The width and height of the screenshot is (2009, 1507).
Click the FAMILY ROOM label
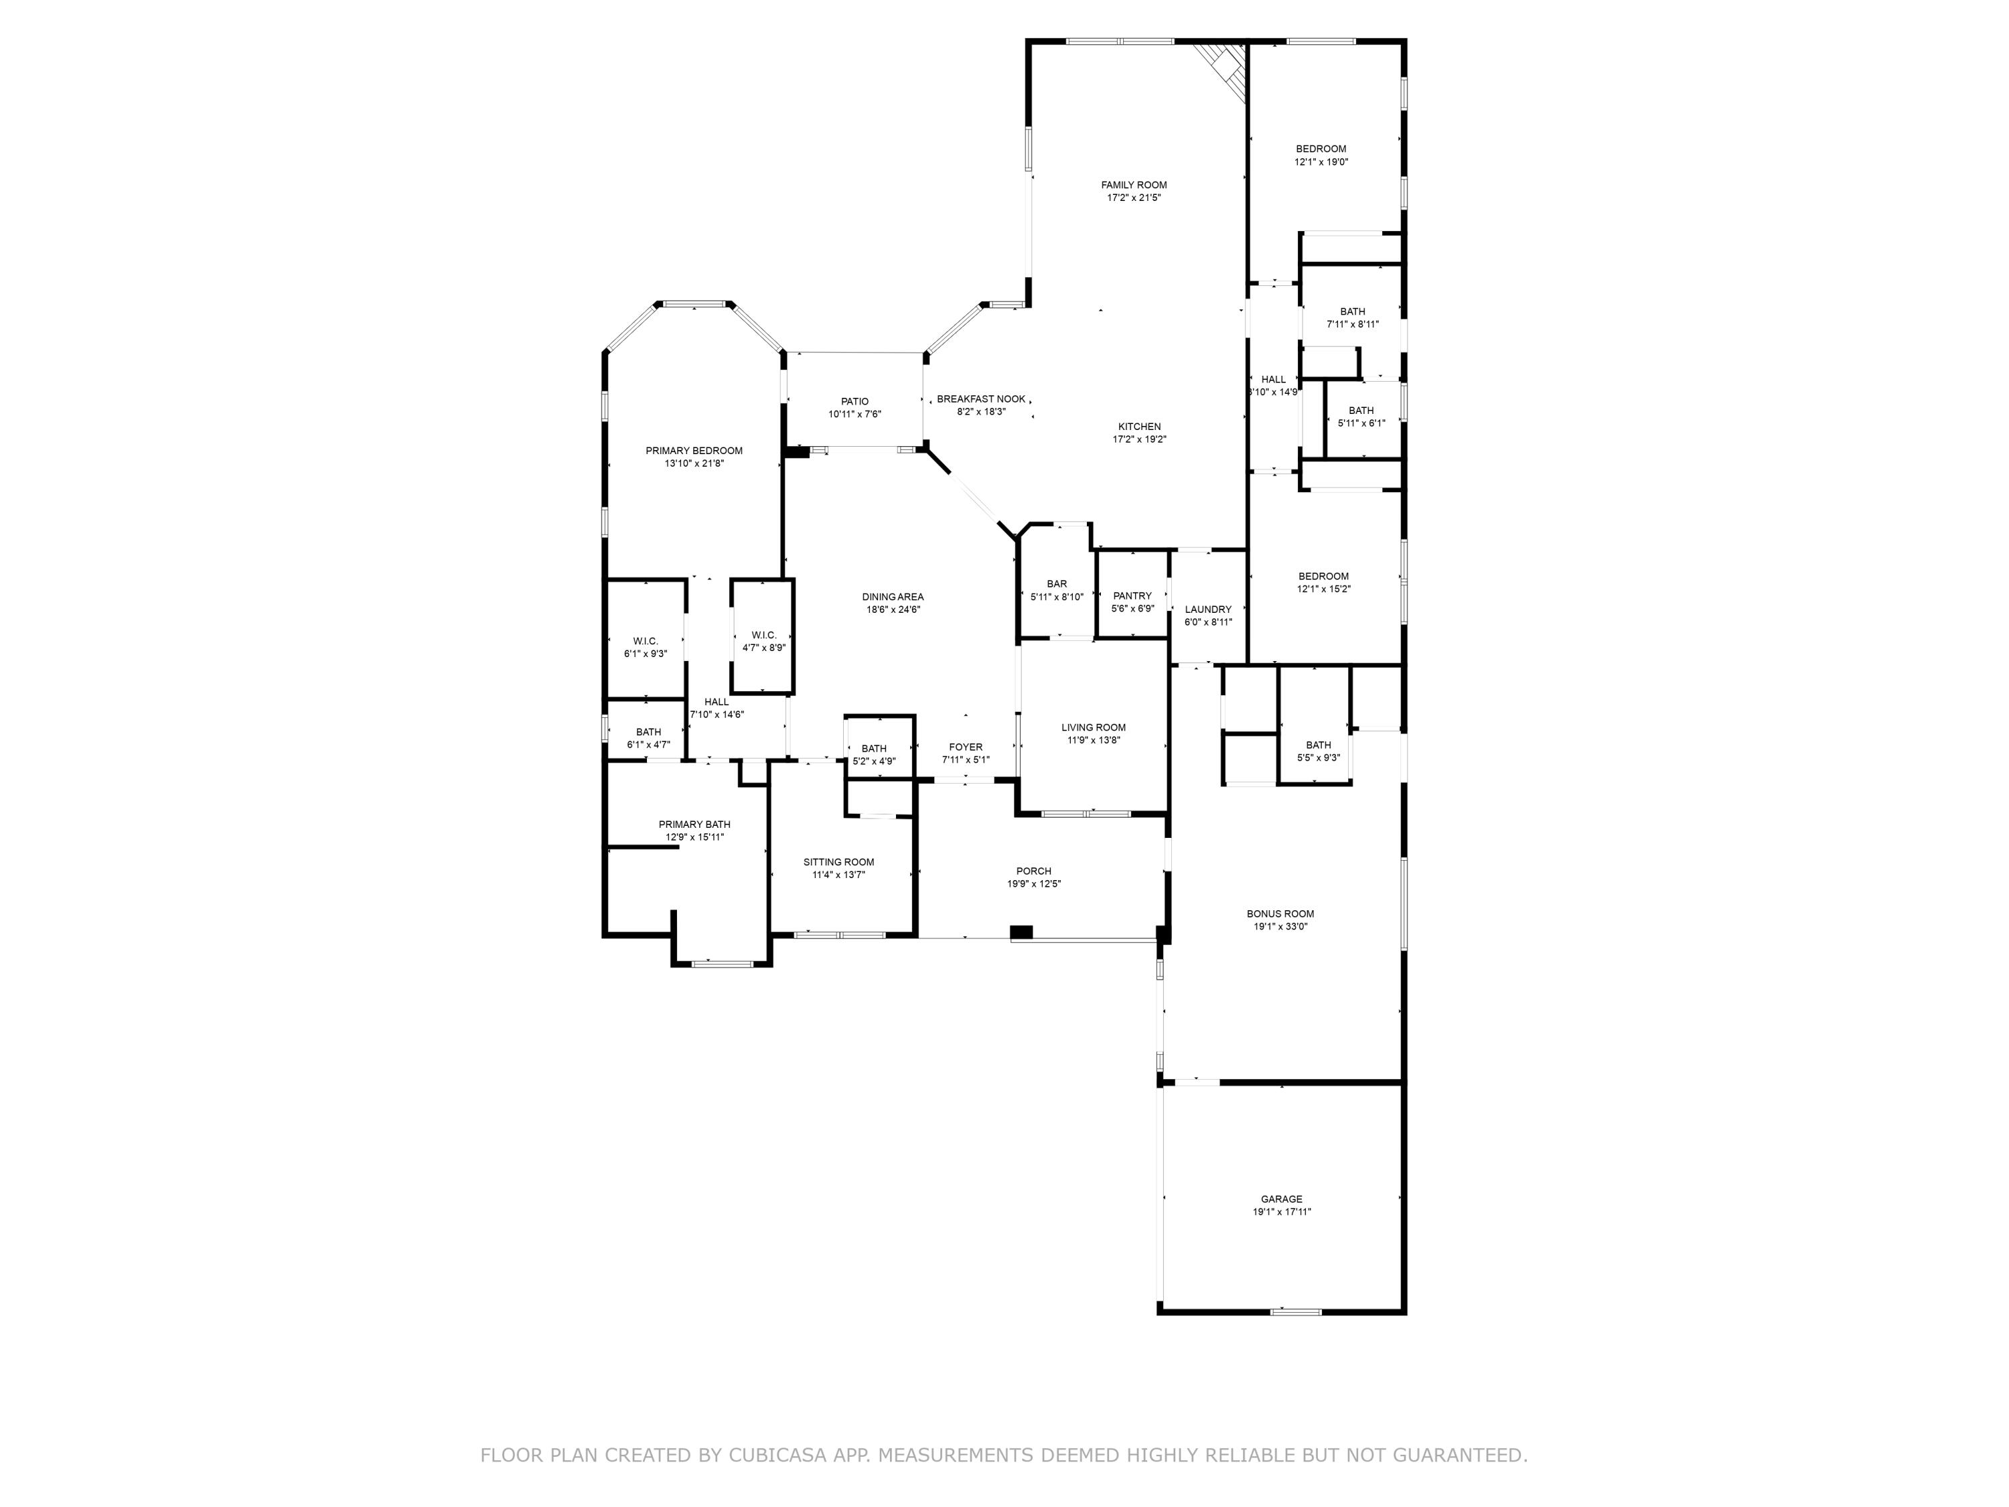tap(1134, 184)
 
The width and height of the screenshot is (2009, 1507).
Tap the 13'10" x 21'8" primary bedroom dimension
tap(694, 463)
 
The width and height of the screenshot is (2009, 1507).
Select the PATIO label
tap(854, 401)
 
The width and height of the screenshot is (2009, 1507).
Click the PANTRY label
tap(1132, 596)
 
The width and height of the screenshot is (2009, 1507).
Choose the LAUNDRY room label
tap(1208, 609)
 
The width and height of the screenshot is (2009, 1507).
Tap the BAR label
tap(1056, 584)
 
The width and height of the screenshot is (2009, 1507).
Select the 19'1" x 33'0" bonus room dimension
tap(1280, 926)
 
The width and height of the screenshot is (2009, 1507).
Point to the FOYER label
tap(966, 747)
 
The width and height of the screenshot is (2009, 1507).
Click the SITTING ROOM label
tap(838, 862)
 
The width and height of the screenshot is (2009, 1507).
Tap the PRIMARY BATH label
tap(694, 824)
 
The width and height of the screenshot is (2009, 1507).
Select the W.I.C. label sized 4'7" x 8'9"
tap(764, 635)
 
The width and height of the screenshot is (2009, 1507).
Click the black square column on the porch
tap(1021, 932)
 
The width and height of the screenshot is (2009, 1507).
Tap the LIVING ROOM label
tap(1094, 727)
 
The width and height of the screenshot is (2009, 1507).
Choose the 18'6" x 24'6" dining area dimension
tap(893, 609)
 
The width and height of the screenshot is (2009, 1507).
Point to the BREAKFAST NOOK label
tap(981, 399)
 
